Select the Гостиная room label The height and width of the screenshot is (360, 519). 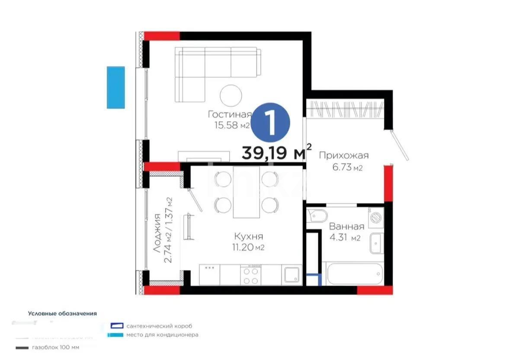(x=229, y=115)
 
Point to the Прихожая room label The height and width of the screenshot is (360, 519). (x=343, y=156)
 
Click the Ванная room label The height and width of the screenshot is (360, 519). (x=346, y=226)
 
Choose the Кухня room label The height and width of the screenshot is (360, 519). (x=249, y=237)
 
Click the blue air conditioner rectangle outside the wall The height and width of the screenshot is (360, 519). (x=115, y=87)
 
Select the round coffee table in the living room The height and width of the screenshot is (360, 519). (x=231, y=96)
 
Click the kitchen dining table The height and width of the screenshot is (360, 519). (x=246, y=192)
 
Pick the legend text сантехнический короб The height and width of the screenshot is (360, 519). (x=159, y=326)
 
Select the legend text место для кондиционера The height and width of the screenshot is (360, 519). (x=163, y=335)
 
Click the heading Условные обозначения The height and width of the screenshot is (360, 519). (x=62, y=313)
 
